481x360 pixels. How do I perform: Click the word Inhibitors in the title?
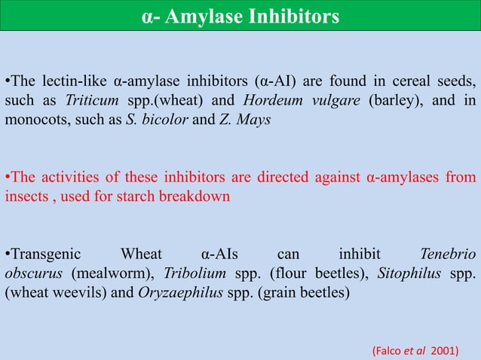pos(290,16)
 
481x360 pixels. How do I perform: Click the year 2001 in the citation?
pos(446,351)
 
